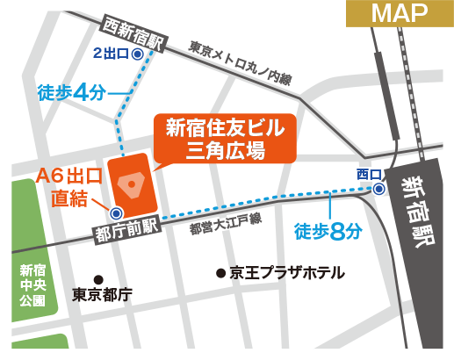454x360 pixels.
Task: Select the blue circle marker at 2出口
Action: point(138,54)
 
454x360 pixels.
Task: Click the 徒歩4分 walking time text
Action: point(71,91)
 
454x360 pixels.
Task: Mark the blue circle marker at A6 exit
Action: point(115,212)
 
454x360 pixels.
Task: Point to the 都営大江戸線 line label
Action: point(226,228)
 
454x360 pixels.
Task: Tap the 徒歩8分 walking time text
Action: point(327,231)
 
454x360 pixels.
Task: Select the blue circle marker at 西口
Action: point(378,189)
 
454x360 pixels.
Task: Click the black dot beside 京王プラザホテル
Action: point(220,273)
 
